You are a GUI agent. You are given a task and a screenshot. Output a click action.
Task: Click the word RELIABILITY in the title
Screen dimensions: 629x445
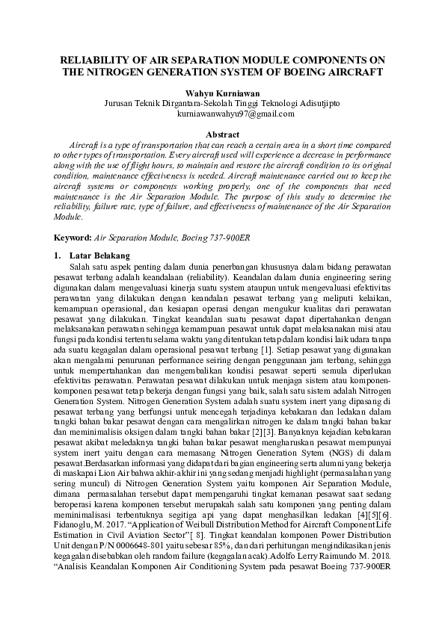pyautogui.click(x=92, y=58)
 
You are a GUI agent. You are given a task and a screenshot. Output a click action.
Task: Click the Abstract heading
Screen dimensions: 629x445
pyautogui.click(x=222, y=133)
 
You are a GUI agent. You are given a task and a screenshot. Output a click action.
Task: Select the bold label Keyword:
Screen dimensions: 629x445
pyautogui.click(x=73, y=238)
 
